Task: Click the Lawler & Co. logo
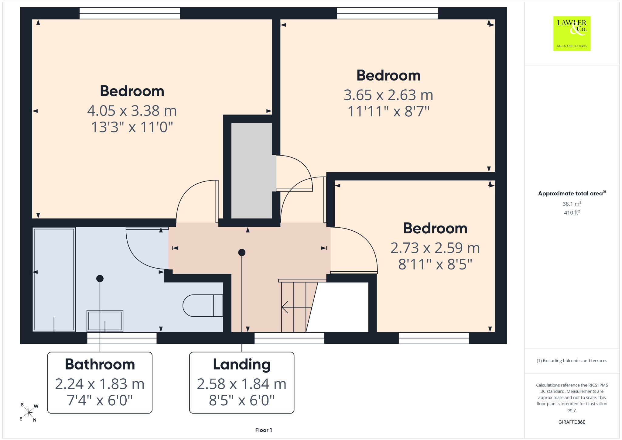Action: click(x=572, y=33)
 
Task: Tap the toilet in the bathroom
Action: click(x=203, y=305)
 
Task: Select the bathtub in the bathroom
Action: click(x=54, y=280)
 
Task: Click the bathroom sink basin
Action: click(x=105, y=321)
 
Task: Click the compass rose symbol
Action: click(x=29, y=412)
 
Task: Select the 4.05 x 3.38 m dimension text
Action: click(x=132, y=111)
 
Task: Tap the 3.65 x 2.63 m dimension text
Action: click(x=388, y=95)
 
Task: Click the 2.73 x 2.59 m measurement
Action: click(x=435, y=248)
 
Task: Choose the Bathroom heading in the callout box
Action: click(x=100, y=364)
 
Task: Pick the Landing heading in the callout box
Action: click(x=242, y=365)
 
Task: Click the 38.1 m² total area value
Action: click(x=572, y=204)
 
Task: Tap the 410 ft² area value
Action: click(x=572, y=212)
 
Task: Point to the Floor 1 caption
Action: click(x=264, y=430)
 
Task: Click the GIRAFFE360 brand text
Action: click(x=572, y=422)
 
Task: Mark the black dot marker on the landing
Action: click(x=242, y=252)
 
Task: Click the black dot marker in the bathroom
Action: click(x=100, y=278)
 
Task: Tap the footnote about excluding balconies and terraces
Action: click(x=572, y=361)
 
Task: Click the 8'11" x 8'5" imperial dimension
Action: click(x=435, y=264)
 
